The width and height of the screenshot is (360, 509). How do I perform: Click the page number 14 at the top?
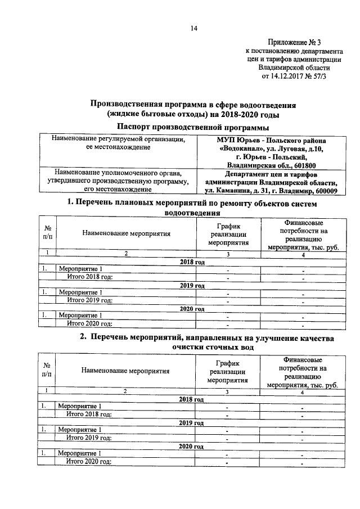193,28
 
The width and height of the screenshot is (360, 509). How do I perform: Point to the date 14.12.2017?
281,75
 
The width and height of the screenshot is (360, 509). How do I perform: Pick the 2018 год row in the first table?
192,263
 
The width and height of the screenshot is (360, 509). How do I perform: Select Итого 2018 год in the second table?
90,414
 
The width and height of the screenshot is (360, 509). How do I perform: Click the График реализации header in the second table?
228,372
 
